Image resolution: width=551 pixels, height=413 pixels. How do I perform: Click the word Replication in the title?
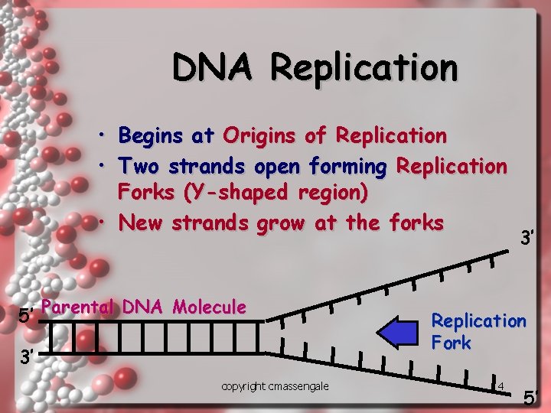[x=364, y=67]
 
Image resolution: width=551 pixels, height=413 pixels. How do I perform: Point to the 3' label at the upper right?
[x=527, y=239]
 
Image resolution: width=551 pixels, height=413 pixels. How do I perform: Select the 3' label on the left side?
[x=26, y=356]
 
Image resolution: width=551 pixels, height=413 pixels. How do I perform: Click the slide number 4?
[x=500, y=384]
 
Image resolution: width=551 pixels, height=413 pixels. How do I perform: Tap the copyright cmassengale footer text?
[x=275, y=386]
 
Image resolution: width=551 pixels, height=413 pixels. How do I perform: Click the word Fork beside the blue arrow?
[x=452, y=343]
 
